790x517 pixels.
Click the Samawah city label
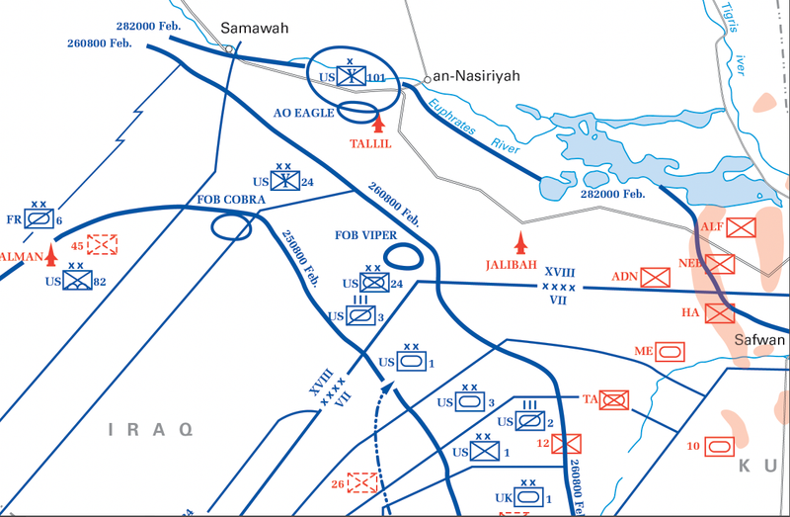(255, 29)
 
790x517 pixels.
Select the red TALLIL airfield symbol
(376, 124)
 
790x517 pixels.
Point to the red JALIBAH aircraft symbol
(520, 241)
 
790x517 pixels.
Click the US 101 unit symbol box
(351, 76)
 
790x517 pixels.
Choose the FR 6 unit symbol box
(40, 218)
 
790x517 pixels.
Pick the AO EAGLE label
(303, 113)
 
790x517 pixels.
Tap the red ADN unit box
(655, 278)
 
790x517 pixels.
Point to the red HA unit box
(720, 313)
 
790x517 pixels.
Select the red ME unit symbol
(671, 350)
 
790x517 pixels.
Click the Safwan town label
(761, 341)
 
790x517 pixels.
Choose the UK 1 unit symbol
(528, 498)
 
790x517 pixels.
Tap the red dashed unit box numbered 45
(102, 244)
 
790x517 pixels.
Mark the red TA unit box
(615, 399)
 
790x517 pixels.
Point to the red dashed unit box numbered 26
(362, 483)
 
